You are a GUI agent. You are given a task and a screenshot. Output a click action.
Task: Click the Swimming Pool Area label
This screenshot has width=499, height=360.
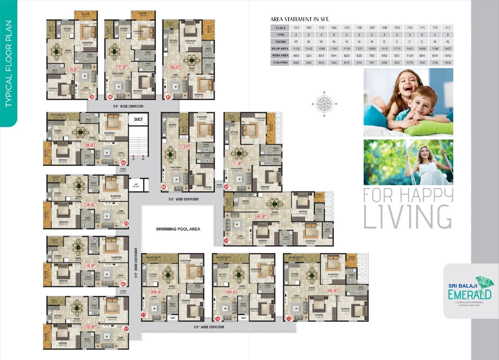(178, 229)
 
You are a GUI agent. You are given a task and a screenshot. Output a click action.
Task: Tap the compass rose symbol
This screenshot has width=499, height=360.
(325, 104)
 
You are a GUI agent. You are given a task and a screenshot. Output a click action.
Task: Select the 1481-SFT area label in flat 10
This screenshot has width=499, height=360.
(261, 217)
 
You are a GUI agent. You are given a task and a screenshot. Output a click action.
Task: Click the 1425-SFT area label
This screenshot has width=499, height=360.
(332, 290)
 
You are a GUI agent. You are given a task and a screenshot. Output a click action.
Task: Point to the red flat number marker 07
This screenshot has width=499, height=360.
(168, 97)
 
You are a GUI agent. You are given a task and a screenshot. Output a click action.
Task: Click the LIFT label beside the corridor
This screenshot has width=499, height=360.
(136, 184)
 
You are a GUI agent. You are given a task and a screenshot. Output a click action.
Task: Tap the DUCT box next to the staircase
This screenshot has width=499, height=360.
(138, 119)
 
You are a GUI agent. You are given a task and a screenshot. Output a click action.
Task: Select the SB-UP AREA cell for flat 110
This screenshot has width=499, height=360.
(409, 49)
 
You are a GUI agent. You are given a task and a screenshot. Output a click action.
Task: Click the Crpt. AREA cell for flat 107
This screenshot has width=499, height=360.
(372, 62)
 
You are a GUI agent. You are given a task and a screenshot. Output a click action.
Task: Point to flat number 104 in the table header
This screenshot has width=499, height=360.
(334, 28)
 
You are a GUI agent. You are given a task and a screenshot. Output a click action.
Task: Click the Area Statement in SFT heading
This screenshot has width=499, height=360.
(300, 19)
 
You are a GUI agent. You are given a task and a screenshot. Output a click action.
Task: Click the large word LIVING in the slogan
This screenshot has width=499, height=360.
(407, 217)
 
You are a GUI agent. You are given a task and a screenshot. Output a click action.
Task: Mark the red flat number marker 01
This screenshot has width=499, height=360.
(125, 328)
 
